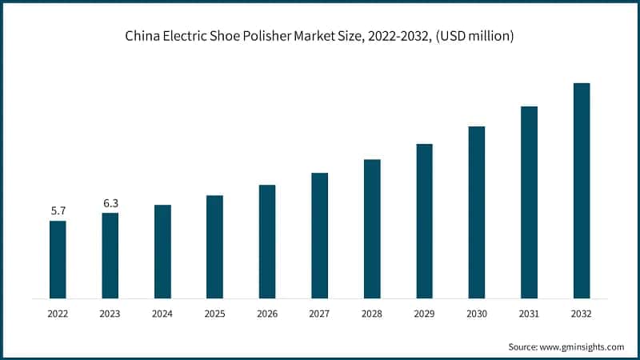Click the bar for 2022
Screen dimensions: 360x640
point(58,259)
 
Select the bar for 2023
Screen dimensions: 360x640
point(110,255)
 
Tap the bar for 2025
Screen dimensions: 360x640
point(215,246)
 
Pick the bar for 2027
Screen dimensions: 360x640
point(320,235)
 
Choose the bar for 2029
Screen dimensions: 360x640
point(425,221)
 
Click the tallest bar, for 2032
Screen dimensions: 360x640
point(582,190)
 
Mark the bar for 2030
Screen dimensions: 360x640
point(477,212)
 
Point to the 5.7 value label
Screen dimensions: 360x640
point(58,211)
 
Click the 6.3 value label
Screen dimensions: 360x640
point(110,203)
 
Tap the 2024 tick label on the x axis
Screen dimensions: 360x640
point(162,314)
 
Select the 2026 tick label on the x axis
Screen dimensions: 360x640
point(267,314)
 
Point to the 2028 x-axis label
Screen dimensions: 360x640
point(372,314)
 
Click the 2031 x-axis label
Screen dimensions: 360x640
point(529,314)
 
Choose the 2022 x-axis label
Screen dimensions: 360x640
point(58,314)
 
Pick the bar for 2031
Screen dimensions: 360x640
point(529,202)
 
